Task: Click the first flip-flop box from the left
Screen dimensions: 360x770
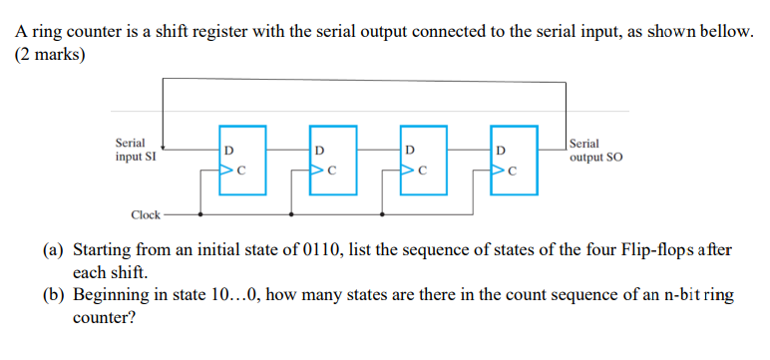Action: (243, 157)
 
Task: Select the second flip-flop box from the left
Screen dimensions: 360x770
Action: (333, 157)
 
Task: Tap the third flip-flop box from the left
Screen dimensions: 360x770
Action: (423, 157)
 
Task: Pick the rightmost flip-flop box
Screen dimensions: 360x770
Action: (513, 157)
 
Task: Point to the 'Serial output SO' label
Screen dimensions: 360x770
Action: (595, 150)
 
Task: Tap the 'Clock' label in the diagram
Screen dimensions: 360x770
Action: (146, 214)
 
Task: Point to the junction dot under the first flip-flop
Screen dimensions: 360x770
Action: (202, 212)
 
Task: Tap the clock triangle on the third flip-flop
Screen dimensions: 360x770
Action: (408, 170)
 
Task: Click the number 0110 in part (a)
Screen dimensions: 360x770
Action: (322, 249)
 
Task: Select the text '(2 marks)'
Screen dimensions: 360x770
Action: (49, 54)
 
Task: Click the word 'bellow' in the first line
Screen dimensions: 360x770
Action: (724, 31)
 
